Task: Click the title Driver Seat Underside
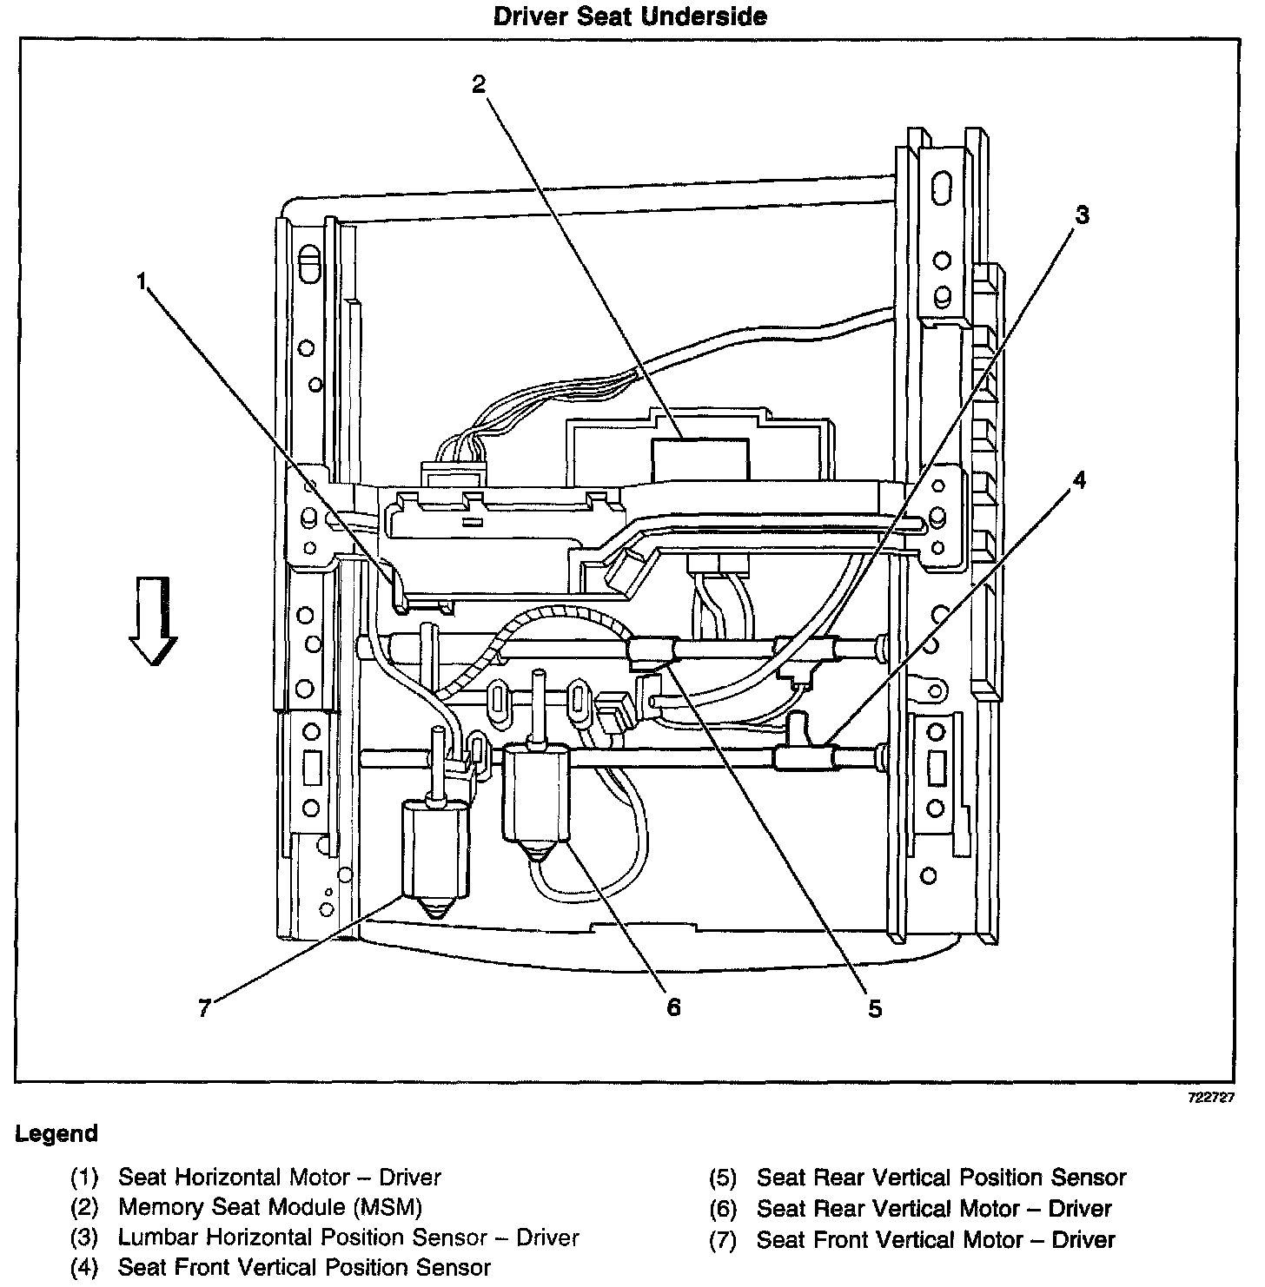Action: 630,16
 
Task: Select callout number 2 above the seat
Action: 479,84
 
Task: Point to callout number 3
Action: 1081,215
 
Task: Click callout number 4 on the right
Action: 1078,480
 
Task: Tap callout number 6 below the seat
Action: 673,1007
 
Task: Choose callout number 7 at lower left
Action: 205,1009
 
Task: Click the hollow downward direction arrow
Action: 153,623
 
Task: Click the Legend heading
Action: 56,1133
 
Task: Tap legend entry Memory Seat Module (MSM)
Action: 269,1207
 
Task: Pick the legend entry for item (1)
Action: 279,1178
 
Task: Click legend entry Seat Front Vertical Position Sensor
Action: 304,1267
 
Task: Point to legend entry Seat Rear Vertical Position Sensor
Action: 941,1178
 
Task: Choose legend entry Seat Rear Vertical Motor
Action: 934,1208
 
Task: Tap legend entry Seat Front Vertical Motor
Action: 936,1239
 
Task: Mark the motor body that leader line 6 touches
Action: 536,795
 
